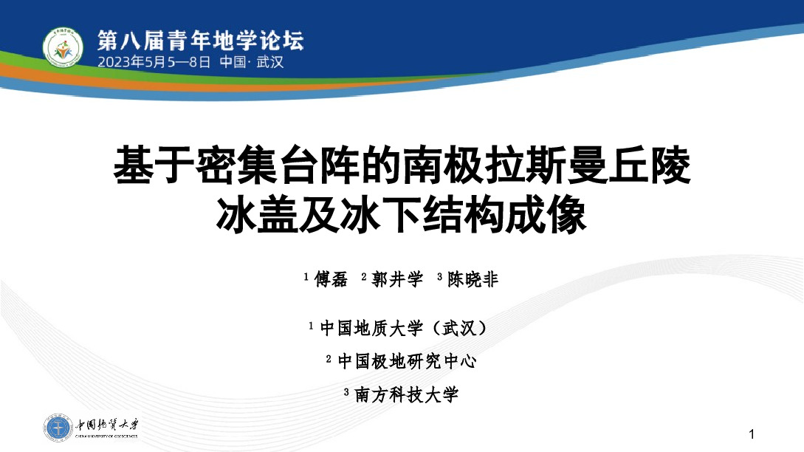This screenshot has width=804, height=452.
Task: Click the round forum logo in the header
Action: [63, 48]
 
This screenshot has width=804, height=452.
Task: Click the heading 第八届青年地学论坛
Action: [201, 41]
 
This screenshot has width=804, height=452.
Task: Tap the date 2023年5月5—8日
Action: [154, 62]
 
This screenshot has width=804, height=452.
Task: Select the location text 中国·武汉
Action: [252, 62]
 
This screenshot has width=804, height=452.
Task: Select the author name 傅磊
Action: [331, 279]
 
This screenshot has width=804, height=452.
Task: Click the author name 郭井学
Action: [397, 279]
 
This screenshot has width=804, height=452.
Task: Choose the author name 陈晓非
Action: [473, 279]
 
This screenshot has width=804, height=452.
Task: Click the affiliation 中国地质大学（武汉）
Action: [403, 328]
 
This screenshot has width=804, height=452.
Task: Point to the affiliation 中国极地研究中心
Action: [407, 361]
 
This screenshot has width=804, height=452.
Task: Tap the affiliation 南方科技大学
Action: [406, 394]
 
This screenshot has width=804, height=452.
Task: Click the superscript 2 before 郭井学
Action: [363, 276]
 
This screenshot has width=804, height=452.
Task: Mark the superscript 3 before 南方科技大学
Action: [346, 392]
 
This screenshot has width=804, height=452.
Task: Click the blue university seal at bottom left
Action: [58, 428]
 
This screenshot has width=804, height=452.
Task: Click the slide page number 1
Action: [752, 434]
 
